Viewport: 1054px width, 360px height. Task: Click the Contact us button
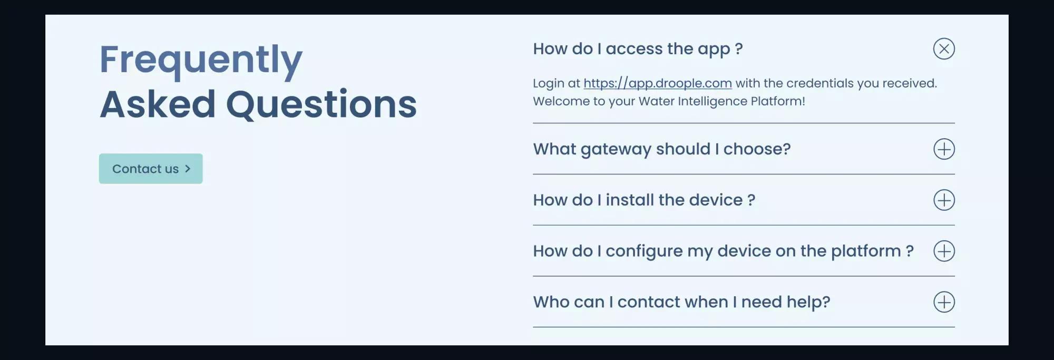coord(151,169)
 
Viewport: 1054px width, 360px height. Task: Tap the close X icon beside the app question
coord(944,49)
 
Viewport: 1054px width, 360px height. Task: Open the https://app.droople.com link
coord(657,83)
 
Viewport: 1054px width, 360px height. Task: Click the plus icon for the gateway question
coord(944,149)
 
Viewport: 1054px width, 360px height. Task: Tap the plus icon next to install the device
coord(944,200)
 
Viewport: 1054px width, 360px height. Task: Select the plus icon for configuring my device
coord(944,251)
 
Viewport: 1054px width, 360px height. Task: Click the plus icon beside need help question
coord(944,302)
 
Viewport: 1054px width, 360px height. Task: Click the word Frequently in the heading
coord(201,60)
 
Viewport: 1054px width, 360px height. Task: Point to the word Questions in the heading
coord(321,104)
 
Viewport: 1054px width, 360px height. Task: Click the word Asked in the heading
coord(158,104)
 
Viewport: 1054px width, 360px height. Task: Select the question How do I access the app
coord(638,49)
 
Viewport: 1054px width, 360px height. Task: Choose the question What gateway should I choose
coord(661,149)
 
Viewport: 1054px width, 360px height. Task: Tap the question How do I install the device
coord(644,200)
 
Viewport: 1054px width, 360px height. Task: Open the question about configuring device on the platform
coord(723,251)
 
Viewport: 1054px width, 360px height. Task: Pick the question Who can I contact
coord(681,302)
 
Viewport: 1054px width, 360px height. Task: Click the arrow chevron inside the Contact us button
coord(188,169)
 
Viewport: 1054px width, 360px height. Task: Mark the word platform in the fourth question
coord(866,251)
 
